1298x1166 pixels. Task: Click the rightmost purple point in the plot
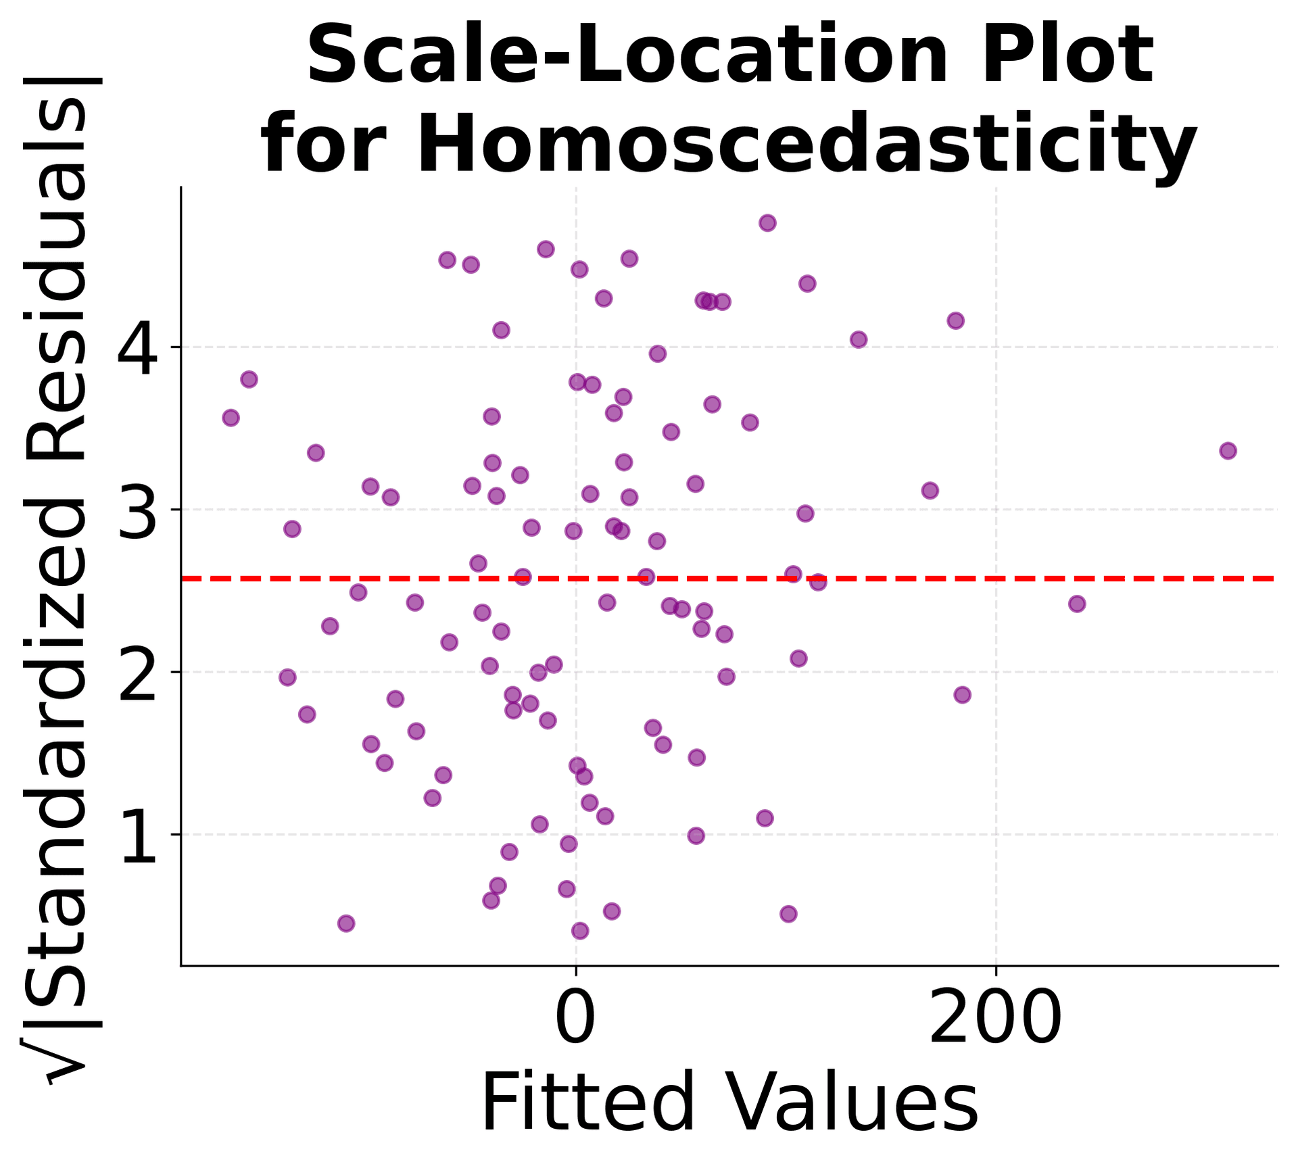(x=1228, y=451)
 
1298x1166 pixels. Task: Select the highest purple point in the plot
(x=767, y=223)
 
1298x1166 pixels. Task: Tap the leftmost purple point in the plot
(x=231, y=418)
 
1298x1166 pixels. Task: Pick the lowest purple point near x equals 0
(x=580, y=931)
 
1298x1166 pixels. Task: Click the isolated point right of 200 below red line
(x=1077, y=604)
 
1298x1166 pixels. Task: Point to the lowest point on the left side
(x=346, y=923)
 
